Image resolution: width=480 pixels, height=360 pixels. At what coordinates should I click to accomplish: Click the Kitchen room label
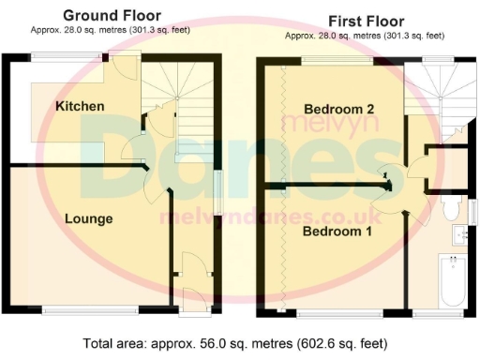pyautogui.click(x=79, y=106)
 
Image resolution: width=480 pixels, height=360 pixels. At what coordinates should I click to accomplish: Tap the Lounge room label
pyautogui.click(x=89, y=218)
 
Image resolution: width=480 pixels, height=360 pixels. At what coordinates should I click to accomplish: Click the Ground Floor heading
pyautogui.click(x=112, y=16)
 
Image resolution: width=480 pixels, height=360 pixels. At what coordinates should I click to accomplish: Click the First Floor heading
pyautogui.click(x=365, y=20)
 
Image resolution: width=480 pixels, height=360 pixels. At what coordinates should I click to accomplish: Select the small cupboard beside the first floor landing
pyautogui.click(x=445, y=165)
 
